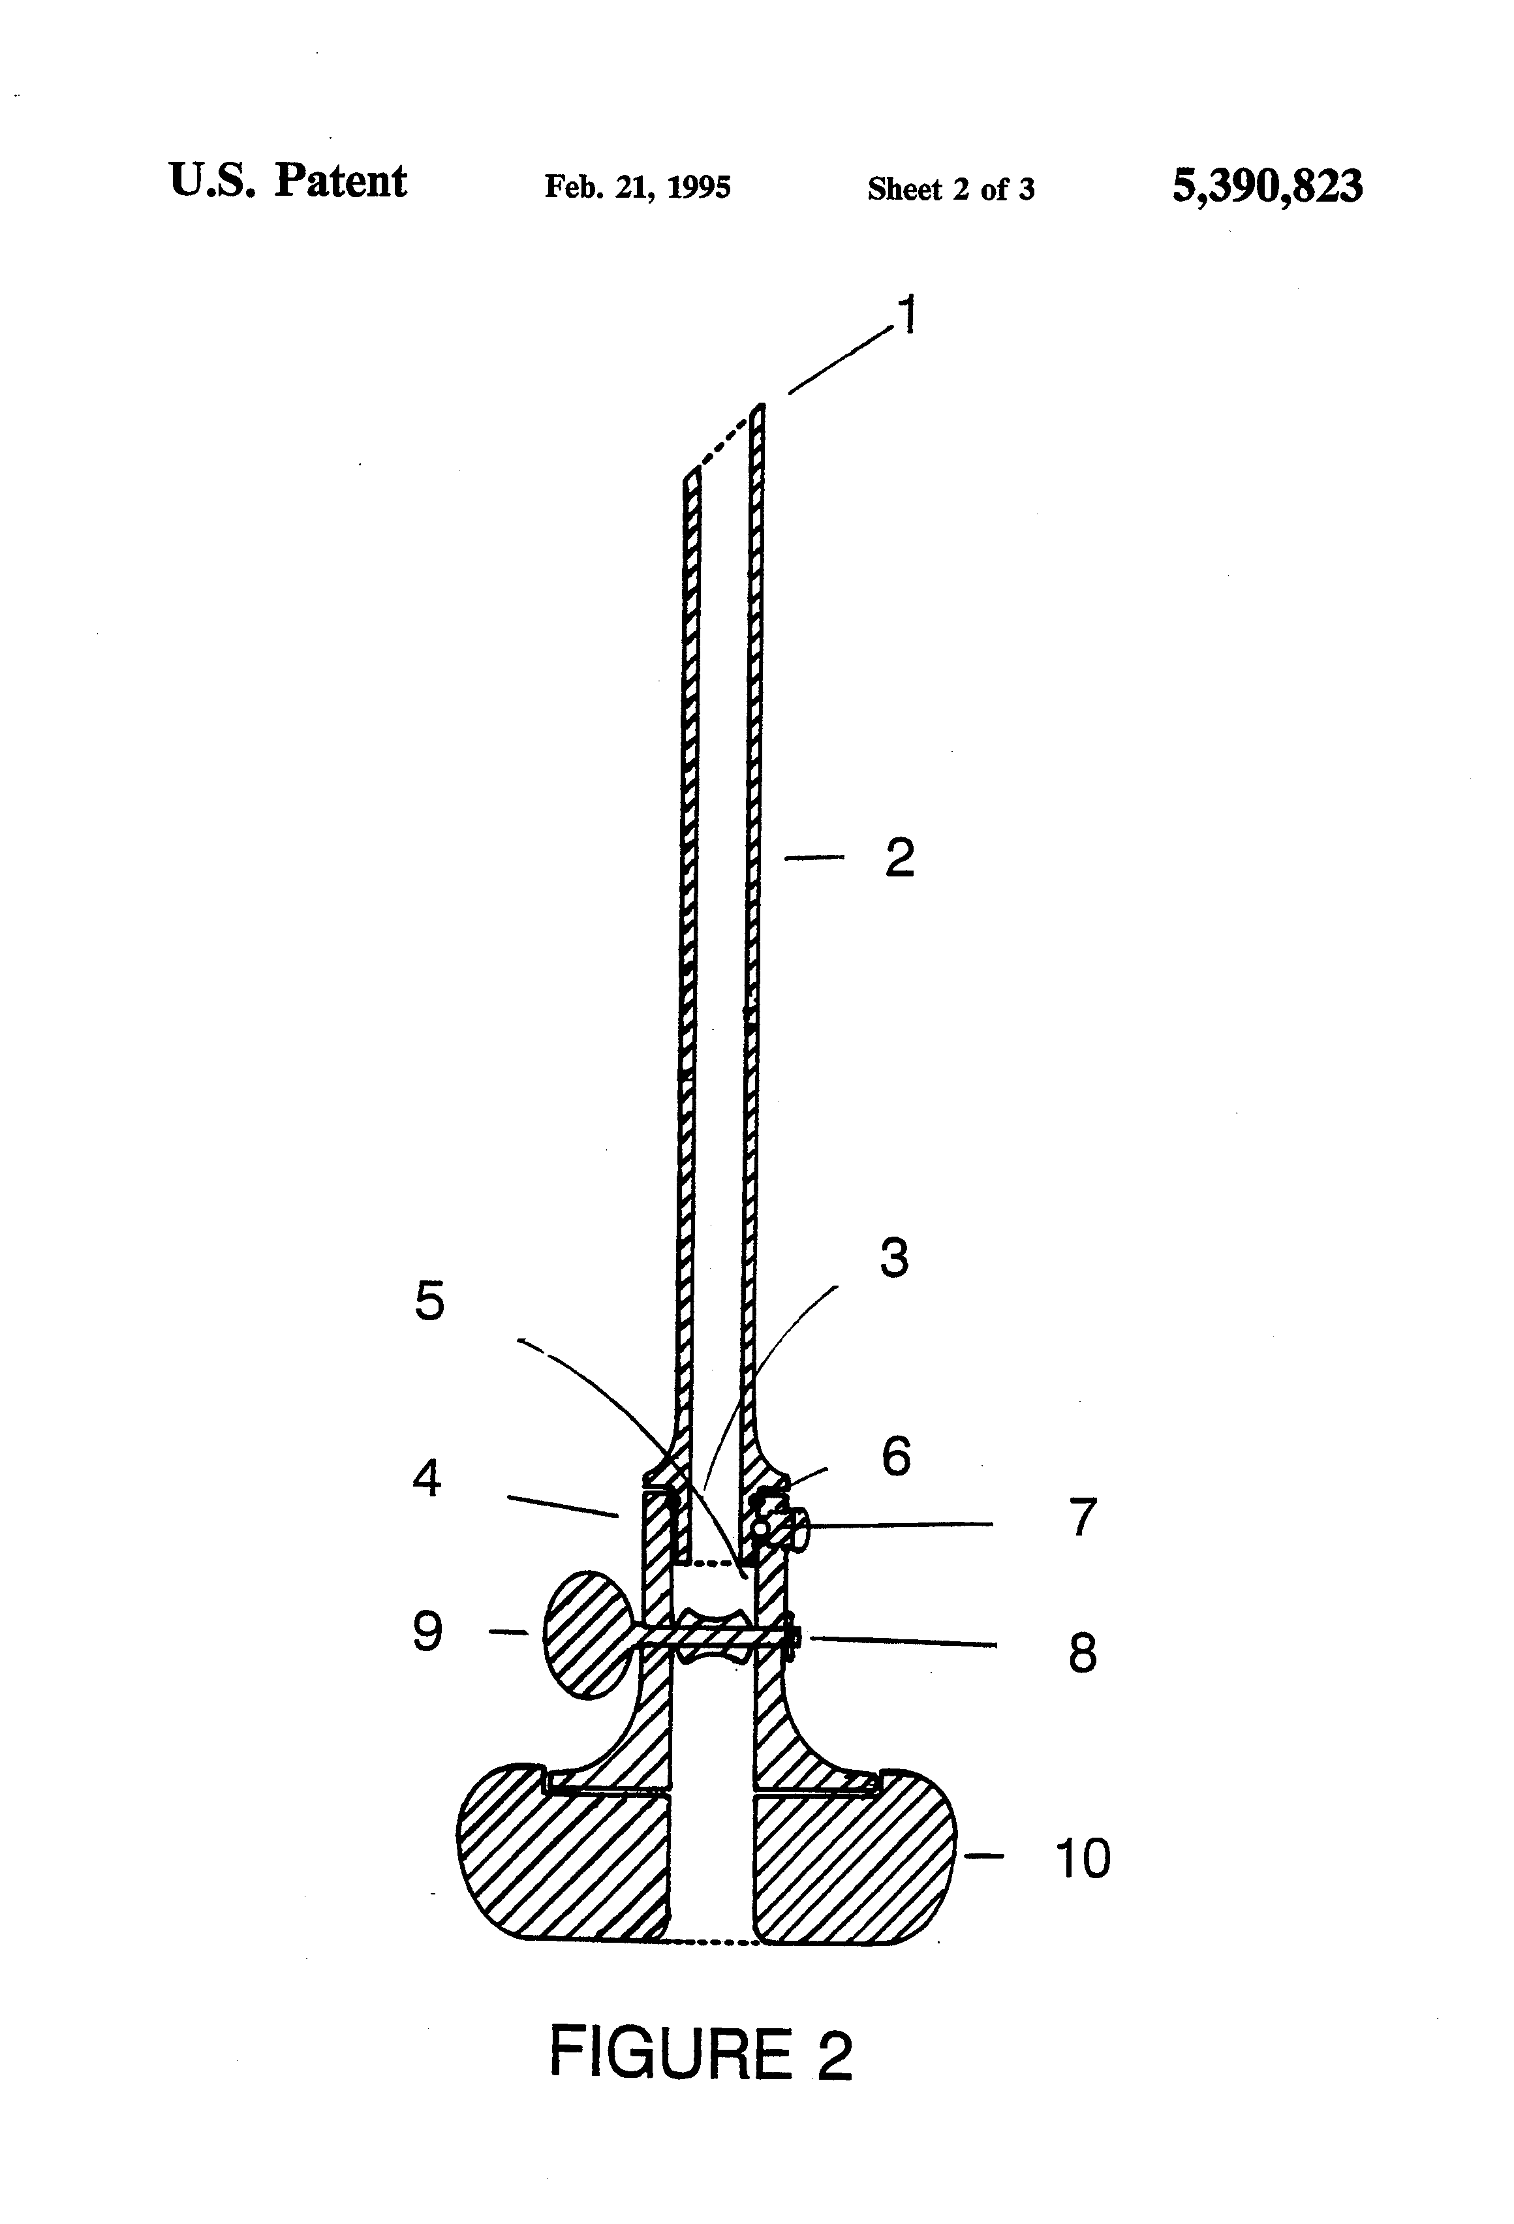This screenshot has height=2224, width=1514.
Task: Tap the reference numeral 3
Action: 894,1258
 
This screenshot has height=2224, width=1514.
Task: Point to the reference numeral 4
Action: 427,1479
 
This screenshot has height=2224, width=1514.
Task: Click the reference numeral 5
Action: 429,1301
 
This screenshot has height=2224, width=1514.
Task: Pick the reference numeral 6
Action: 896,1455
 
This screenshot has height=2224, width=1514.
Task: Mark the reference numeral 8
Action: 1083,1653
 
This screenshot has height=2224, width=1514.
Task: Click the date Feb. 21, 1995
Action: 638,187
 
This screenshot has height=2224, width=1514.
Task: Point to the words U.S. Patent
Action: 288,181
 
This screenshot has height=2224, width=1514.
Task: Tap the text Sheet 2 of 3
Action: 950,189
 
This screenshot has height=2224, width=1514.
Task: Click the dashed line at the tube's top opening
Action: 724,439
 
